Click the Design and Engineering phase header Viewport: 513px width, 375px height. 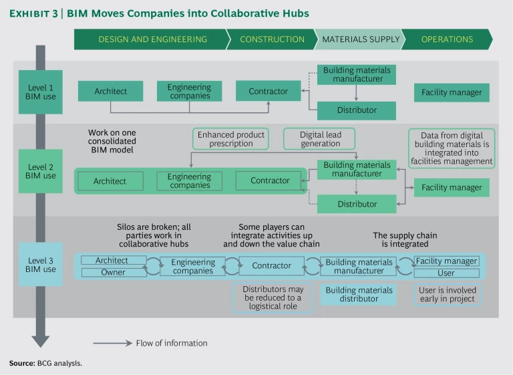pos(152,39)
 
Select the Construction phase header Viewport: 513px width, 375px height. pos(272,39)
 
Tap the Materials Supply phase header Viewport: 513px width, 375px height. pos(361,39)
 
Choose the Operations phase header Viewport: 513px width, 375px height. pos(446,39)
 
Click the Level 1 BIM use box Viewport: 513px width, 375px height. pos(40,92)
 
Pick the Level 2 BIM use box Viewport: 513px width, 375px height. pos(40,171)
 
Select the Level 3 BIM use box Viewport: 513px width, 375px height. pos(40,265)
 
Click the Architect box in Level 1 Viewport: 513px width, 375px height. pos(111,92)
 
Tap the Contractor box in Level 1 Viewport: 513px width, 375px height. pos(269,92)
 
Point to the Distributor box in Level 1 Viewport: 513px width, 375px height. pos(357,110)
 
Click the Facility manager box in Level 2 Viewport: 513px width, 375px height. pos(452,188)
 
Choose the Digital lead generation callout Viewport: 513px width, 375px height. pos(320,139)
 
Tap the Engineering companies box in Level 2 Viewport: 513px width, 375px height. pos(190,180)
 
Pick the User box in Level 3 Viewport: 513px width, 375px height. pos(446,273)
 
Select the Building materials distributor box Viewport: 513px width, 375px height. pos(359,295)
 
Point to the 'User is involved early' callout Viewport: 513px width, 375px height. pos(447,295)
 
